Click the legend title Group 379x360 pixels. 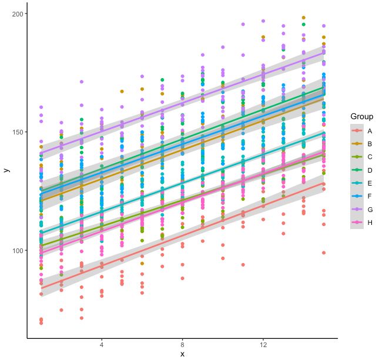coord(361,116)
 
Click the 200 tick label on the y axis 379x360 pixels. coord(17,14)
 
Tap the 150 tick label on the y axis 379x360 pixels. coord(17,132)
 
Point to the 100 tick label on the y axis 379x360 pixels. coord(17,251)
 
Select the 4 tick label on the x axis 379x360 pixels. coord(102,344)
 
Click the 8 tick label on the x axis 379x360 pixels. coord(182,344)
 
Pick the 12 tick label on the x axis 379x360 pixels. coord(263,344)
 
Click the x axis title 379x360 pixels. coord(182,354)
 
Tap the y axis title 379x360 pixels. coord(6,170)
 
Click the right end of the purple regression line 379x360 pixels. coord(324,52)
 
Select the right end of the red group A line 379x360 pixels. coord(324,183)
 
